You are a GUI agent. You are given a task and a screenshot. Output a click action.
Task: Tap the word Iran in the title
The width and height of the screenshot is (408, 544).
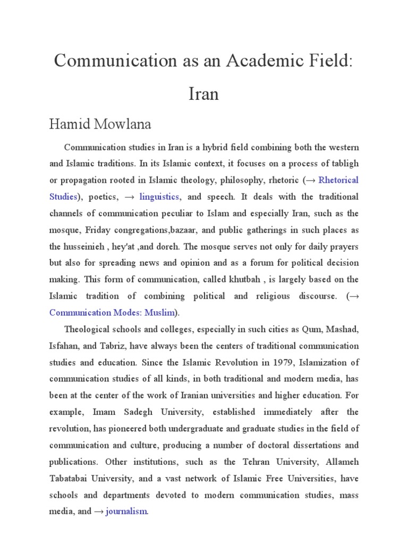(203, 94)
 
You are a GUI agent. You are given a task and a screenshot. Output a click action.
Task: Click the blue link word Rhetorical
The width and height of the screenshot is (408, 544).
(338, 180)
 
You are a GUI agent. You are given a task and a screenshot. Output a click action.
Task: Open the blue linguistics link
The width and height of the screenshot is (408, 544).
(159, 197)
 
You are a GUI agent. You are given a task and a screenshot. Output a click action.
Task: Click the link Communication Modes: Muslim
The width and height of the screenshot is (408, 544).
(112, 312)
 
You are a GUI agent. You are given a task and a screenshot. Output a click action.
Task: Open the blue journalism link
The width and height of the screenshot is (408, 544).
(126, 512)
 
